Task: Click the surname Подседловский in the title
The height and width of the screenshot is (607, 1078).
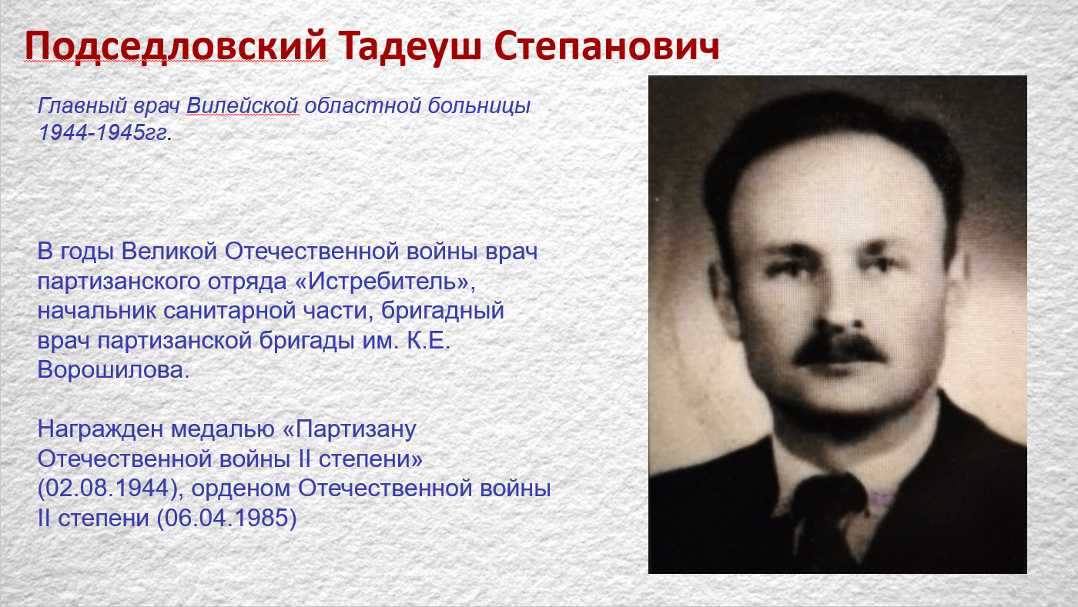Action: [176, 47]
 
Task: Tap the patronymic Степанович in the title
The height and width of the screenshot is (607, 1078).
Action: [607, 46]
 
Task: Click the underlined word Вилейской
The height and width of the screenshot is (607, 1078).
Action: [243, 106]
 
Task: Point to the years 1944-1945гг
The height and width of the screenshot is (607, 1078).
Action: [103, 133]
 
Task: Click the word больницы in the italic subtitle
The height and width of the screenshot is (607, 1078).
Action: [479, 106]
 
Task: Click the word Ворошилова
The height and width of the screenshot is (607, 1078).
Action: [114, 370]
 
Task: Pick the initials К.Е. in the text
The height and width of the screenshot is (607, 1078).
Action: [428, 341]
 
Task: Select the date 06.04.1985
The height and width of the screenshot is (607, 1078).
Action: [227, 518]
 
